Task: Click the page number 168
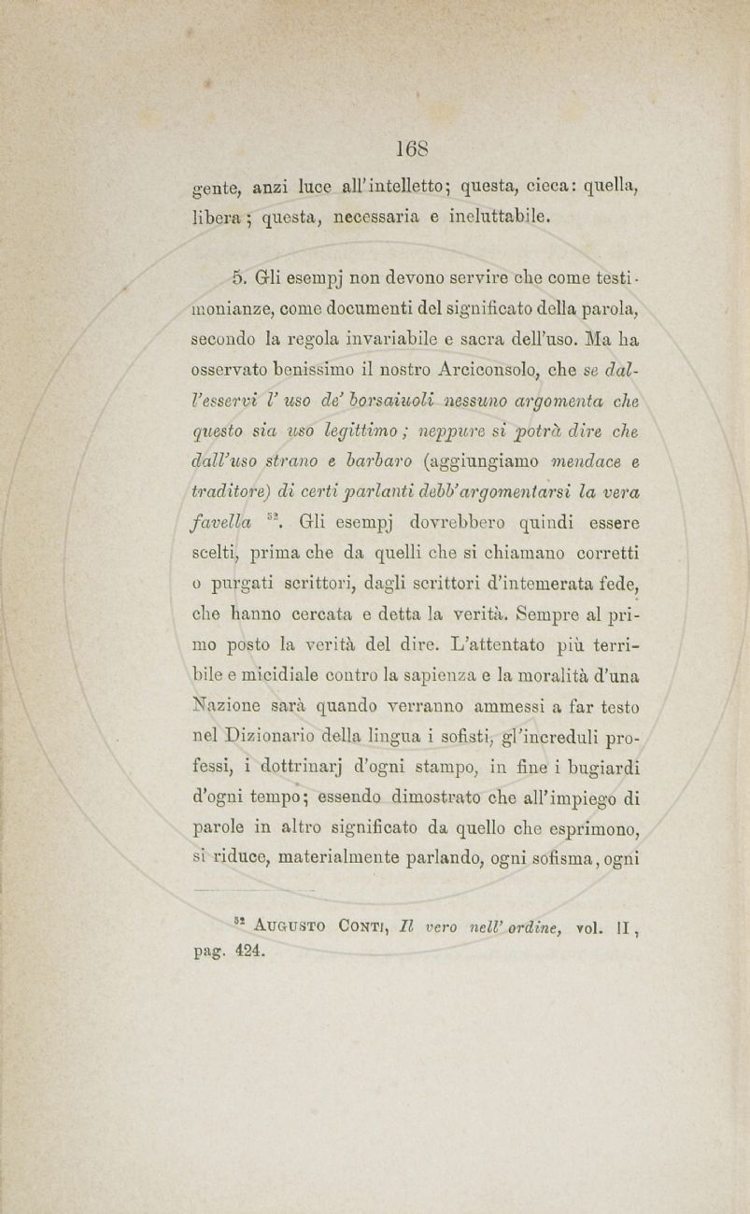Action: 411,148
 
